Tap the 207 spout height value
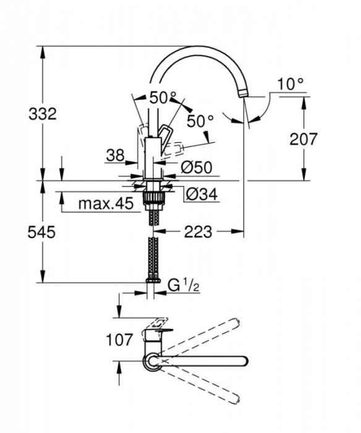pos(304,139)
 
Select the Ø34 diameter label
pos(200,194)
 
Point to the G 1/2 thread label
pos(182,285)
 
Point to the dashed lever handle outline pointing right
pos(176,148)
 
